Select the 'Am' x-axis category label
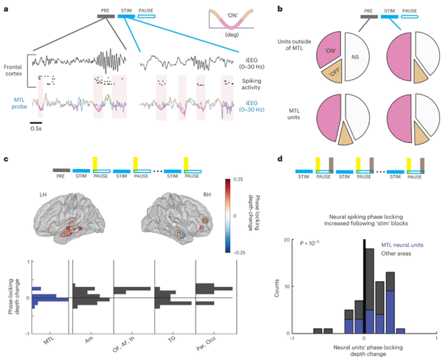tap(89, 342)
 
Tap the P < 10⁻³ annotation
tap(331, 241)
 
